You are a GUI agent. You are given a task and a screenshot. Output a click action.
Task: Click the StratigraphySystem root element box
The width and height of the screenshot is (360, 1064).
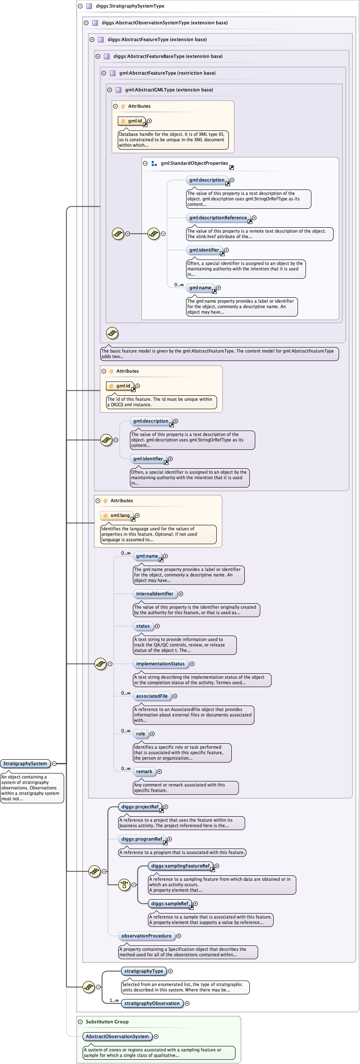pyautogui.click(x=25, y=763)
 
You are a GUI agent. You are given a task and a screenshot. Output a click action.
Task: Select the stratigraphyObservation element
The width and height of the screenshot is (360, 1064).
pyautogui.click(x=152, y=1003)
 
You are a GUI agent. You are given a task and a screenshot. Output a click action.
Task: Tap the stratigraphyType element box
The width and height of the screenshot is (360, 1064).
pyautogui.click(x=143, y=971)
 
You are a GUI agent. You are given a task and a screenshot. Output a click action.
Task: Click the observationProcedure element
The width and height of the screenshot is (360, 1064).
pyautogui.click(x=146, y=936)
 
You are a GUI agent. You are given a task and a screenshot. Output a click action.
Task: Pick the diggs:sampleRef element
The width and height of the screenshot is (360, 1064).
pyautogui.click(x=169, y=903)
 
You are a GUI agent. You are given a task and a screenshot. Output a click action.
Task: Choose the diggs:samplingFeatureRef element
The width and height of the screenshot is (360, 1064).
pyautogui.click(x=180, y=866)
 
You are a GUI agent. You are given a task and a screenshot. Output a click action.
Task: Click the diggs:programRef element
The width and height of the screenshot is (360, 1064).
pyautogui.click(x=142, y=839)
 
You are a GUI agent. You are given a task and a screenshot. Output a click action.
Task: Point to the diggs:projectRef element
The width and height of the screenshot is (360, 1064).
pyautogui.click(x=140, y=807)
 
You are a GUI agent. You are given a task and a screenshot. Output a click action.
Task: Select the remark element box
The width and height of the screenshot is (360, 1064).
pyautogui.click(x=144, y=771)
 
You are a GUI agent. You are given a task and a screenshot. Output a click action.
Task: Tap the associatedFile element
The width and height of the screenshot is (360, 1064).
pyautogui.click(x=152, y=696)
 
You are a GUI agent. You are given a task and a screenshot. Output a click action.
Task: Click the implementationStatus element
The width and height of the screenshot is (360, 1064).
pyautogui.click(x=160, y=664)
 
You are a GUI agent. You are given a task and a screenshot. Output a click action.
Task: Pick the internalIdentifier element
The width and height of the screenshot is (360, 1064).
pyautogui.click(x=154, y=594)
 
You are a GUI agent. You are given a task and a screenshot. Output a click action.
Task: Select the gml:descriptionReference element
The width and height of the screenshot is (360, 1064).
pyautogui.click(x=218, y=218)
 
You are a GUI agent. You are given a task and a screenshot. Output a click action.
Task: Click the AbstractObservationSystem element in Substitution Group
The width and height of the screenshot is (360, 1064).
pyautogui.click(x=117, y=1036)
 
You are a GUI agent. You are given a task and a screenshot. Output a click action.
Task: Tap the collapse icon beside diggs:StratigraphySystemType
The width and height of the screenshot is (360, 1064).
pyautogui.click(x=80, y=6)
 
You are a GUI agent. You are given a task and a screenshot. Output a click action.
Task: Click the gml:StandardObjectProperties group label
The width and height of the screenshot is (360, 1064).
pyautogui.click(x=194, y=163)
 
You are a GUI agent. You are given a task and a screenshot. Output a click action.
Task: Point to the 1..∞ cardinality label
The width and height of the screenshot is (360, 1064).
pyautogui.click(x=114, y=1000)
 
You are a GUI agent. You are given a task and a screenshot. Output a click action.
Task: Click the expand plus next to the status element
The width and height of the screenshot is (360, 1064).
pyautogui.click(x=158, y=626)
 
